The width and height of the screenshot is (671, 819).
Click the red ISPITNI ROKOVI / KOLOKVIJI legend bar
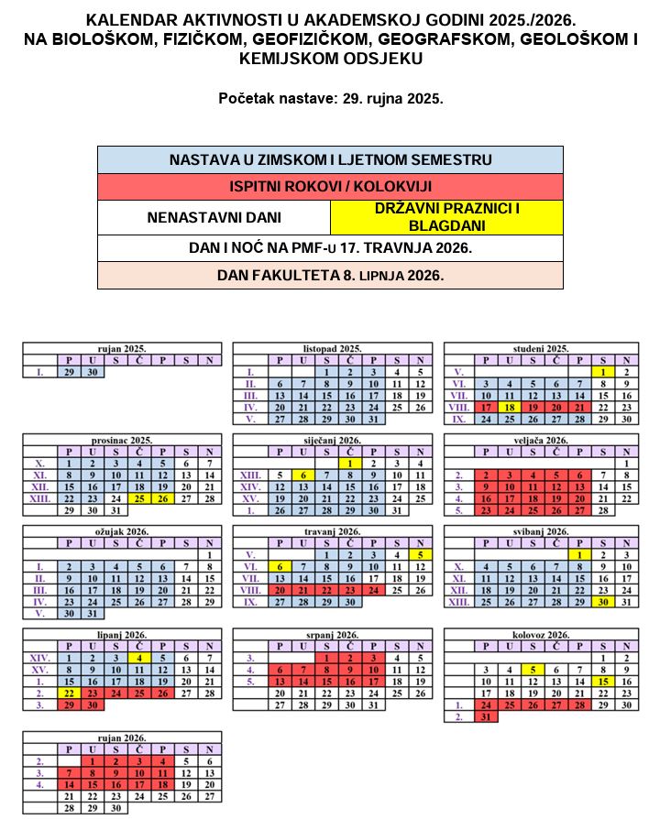pos(330,186)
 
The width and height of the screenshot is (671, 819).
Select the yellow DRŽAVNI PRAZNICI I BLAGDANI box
pos(446,218)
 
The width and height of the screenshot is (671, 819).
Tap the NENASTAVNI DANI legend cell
pos(214,218)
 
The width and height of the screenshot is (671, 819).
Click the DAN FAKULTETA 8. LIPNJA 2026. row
pos(330,275)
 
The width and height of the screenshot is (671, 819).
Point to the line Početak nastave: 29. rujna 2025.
pos(331,98)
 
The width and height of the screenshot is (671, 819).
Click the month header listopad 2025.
pos(332,349)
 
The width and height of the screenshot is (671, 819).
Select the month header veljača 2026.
pos(541,440)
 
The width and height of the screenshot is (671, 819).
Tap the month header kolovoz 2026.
pos(541,634)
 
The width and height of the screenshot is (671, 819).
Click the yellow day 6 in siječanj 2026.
pos(302,475)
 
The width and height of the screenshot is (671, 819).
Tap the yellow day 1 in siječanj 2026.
pos(349,464)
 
